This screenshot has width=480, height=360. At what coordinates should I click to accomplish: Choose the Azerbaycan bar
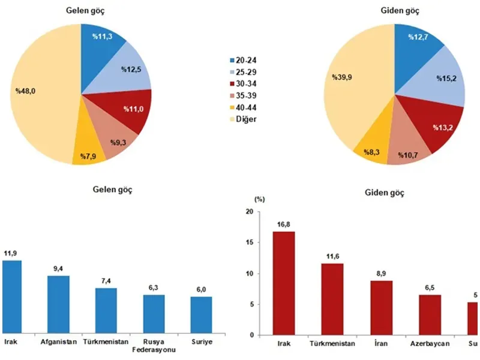[x=430, y=314]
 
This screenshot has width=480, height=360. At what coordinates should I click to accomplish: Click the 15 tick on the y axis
[x=249, y=242]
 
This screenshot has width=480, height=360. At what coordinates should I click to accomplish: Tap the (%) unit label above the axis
[x=259, y=198]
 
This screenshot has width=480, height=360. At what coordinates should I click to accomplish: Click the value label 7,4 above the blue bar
[x=106, y=281]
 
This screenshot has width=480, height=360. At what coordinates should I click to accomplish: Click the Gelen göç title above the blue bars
[x=112, y=190]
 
